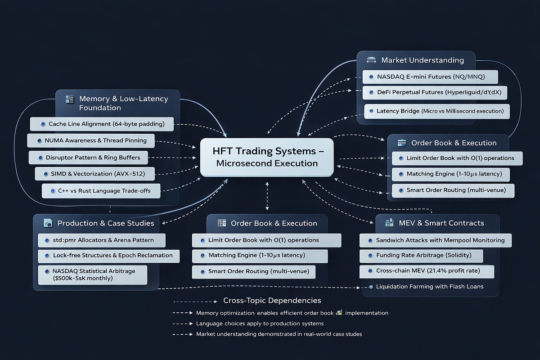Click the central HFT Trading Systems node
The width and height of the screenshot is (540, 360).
pyautogui.click(x=267, y=157)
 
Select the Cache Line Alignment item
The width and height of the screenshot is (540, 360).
pyautogui.click(x=102, y=124)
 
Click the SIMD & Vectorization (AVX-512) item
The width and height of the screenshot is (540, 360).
pyautogui.click(x=95, y=174)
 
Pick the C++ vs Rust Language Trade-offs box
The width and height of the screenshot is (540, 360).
pyautogui.click(x=102, y=191)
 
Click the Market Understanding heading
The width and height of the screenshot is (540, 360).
pyautogui.click(x=422, y=60)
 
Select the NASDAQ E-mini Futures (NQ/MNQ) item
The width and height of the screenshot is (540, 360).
pyautogui.click(x=430, y=77)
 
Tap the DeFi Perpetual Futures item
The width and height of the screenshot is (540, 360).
pyautogui.click(x=436, y=93)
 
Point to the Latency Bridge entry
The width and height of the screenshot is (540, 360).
pyautogui.click(x=436, y=111)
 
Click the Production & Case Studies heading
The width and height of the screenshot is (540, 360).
pyautogui.click(x=105, y=223)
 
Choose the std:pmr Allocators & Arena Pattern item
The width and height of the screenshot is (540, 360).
pyautogui.click(x=101, y=240)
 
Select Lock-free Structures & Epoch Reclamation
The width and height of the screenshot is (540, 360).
pyautogui.click(x=108, y=256)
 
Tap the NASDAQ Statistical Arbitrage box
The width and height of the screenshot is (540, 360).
pyautogui.click(x=93, y=274)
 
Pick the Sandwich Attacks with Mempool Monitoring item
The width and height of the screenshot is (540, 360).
pyautogui.click(x=435, y=240)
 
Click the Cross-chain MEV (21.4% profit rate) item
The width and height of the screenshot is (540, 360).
pyautogui.click(x=427, y=271)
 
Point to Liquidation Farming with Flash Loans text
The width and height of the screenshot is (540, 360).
pyautogui.click(x=430, y=287)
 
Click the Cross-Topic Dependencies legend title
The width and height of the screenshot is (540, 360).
pyautogui.click(x=272, y=301)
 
